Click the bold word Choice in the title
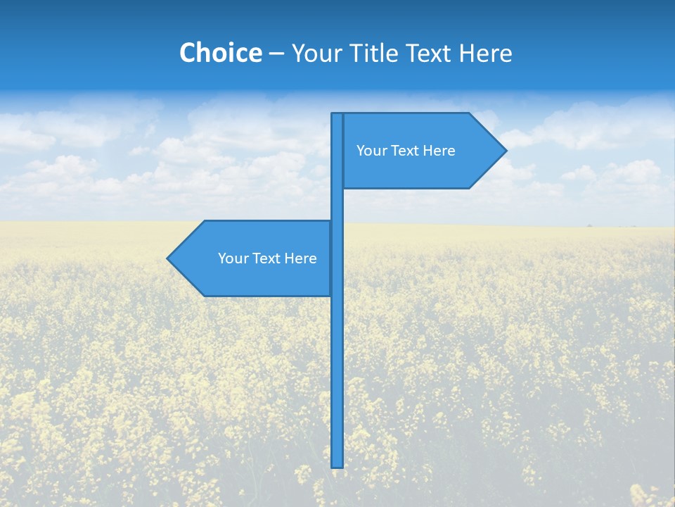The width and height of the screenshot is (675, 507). click(220, 53)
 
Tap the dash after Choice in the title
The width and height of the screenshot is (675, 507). click(276, 54)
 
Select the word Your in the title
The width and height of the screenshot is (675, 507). click(315, 54)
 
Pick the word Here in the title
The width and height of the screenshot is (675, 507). click(487, 53)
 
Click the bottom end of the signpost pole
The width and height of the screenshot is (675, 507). click(337, 465)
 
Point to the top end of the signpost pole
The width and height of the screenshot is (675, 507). click(337, 115)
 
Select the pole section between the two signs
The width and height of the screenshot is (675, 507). click(337, 204)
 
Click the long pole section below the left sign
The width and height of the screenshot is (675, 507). click(337, 380)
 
